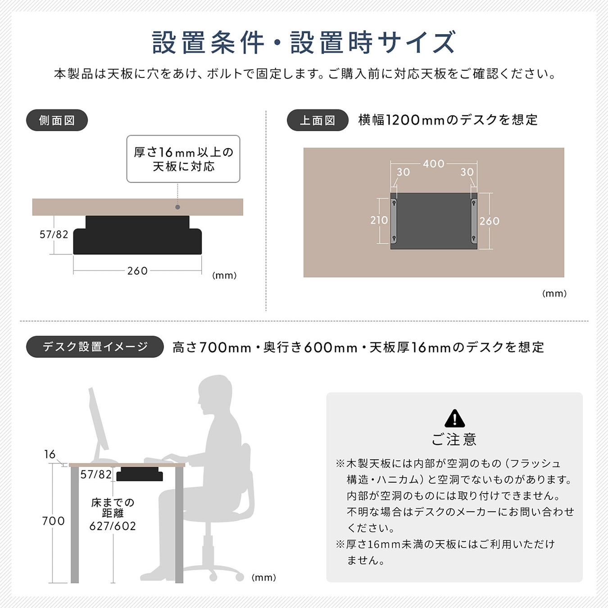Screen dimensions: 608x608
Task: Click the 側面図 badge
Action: click(57, 120)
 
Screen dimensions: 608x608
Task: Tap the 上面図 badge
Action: click(318, 120)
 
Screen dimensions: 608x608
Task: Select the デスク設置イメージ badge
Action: click(95, 347)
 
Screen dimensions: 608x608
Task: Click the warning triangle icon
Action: click(454, 418)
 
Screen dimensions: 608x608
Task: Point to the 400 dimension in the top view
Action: click(434, 164)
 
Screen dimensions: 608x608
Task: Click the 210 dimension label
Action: click(379, 220)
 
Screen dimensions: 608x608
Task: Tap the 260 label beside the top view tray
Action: click(490, 221)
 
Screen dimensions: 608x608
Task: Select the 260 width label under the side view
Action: click(137, 271)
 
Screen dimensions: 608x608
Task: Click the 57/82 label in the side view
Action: click(54, 235)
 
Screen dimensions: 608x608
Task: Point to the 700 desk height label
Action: click(53, 521)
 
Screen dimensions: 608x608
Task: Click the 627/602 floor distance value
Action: click(113, 526)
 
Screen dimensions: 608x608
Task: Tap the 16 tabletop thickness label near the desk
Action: click(50, 454)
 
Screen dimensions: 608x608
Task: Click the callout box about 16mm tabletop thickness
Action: click(183, 159)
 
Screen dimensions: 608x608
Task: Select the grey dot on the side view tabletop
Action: click(177, 207)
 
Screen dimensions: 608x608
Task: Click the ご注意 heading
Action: click(454, 439)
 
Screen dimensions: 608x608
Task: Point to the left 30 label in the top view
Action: click(403, 172)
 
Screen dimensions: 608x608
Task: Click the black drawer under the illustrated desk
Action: click(140, 474)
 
